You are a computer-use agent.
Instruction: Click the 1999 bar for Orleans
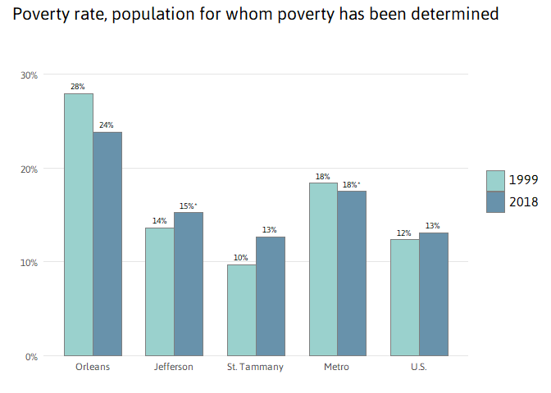point(79,225)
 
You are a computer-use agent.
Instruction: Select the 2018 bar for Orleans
point(107,244)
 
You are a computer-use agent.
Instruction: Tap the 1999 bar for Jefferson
point(160,291)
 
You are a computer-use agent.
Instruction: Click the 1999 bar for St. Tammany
point(242,310)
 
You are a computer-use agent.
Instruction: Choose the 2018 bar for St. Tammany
point(271,296)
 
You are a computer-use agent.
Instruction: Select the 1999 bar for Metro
point(323,269)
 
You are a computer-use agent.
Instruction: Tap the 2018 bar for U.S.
point(434,294)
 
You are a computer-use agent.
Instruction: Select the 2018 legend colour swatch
point(495,202)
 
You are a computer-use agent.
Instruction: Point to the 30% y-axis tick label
point(30,75)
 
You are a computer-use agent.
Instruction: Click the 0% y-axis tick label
point(31,356)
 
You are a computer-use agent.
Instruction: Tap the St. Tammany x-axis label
point(255,367)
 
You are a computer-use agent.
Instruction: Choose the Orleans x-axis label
point(93,367)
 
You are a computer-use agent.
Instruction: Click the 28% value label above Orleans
point(78,87)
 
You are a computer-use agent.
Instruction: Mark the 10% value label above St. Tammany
point(241,258)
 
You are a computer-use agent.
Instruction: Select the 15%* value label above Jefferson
point(189,206)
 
